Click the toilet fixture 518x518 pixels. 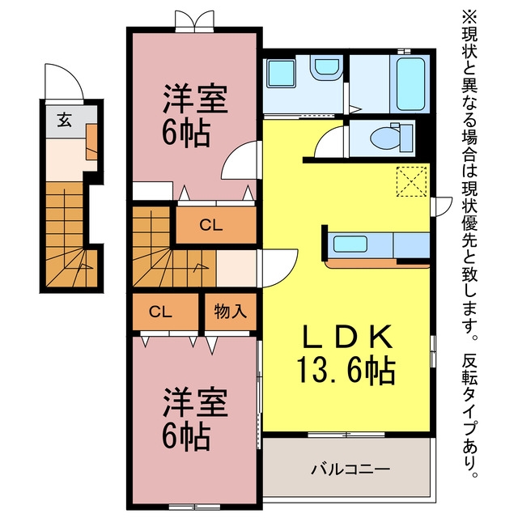point(392,138)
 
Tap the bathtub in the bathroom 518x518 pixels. point(410,84)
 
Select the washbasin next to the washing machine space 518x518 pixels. point(327,69)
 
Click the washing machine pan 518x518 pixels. point(281,74)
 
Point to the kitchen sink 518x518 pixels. point(350,244)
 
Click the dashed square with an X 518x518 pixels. point(412,181)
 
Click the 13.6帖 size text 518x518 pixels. point(346,370)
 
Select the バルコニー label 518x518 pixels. point(350,469)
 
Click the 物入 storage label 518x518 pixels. point(230,311)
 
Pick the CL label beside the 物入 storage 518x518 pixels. point(160,312)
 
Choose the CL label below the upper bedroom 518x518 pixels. point(210,225)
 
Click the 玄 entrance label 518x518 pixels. point(65,120)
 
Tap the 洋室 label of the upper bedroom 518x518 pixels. point(195,99)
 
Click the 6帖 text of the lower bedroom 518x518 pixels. point(186,437)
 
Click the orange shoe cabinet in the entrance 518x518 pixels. point(91,142)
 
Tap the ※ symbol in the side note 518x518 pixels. point(469,16)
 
